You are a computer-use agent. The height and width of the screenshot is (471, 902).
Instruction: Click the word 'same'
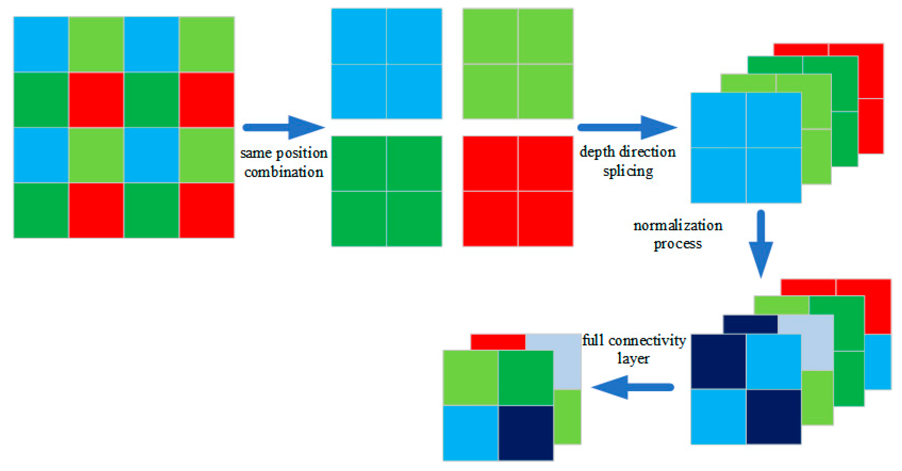(x=256, y=153)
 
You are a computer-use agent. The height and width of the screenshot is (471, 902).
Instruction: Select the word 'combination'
(x=284, y=172)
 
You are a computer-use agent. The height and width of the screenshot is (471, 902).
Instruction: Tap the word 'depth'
(x=597, y=152)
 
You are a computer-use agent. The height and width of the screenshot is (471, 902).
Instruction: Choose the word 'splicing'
(x=628, y=171)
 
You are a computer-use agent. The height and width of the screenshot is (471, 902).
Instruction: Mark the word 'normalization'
(x=677, y=225)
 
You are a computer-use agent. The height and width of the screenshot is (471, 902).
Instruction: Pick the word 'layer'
(x=633, y=359)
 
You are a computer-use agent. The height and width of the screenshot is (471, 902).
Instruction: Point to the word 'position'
(x=301, y=153)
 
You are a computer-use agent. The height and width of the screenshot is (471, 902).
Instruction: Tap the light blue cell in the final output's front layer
(x=470, y=433)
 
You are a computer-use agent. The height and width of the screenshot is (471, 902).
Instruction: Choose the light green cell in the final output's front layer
(x=470, y=378)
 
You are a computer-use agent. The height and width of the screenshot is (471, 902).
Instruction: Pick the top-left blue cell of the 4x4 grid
(x=41, y=44)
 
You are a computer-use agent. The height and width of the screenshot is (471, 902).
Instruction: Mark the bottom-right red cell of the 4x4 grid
(x=206, y=210)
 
